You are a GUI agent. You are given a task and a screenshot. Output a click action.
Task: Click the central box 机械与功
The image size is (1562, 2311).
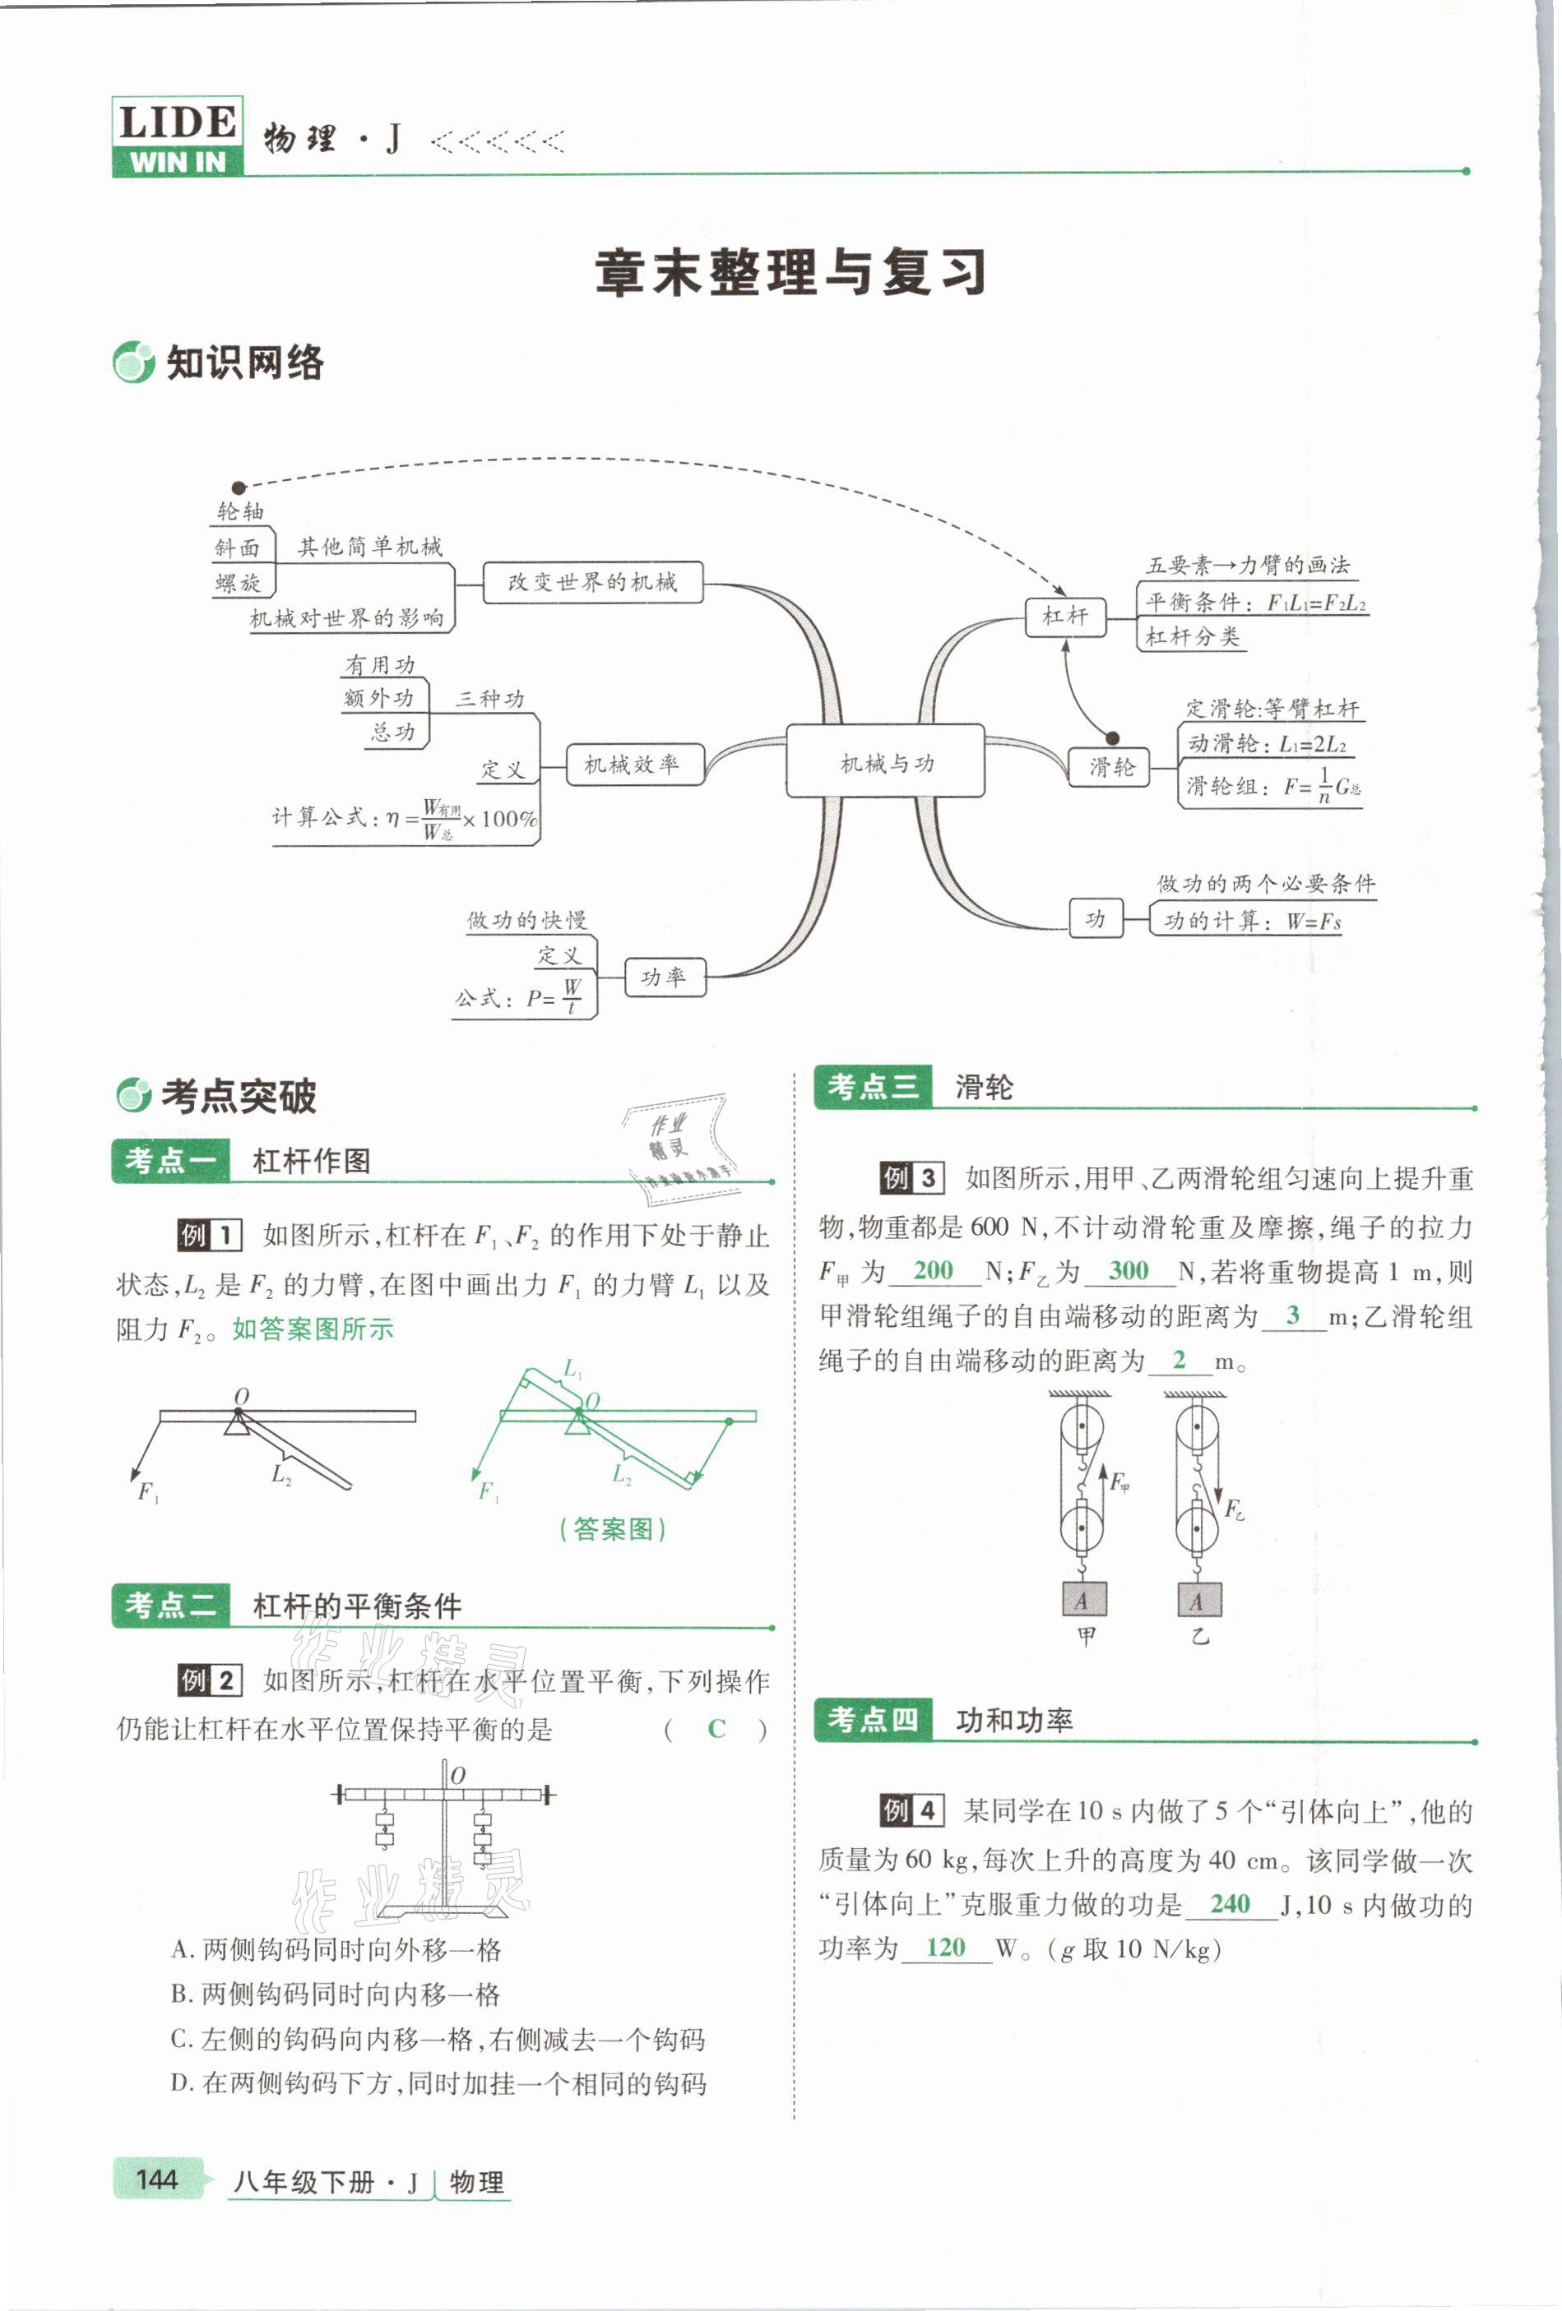(x=886, y=762)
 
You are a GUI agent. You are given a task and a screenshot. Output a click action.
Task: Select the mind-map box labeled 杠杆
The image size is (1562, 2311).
(x=1064, y=617)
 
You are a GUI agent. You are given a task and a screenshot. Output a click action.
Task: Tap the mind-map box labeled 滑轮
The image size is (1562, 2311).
(x=1110, y=767)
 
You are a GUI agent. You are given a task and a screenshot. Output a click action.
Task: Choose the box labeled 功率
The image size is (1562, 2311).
(x=665, y=977)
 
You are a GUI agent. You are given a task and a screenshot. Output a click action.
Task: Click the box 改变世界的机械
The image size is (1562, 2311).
(x=593, y=583)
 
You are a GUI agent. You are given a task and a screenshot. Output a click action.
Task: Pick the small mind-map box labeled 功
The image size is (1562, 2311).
(x=1096, y=919)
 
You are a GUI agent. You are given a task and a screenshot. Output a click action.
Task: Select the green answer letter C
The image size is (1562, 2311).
(x=716, y=1729)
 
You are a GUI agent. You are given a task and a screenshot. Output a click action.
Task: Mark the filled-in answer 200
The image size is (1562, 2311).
(x=934, y=1270)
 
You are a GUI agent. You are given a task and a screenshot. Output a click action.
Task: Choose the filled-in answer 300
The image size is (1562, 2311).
(x=1129, y=1270)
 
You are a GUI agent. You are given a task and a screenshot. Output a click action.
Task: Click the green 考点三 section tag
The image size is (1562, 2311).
(x=874, y=1087)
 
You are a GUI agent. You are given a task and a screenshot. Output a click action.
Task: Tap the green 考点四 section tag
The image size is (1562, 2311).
(x=874, y=1719)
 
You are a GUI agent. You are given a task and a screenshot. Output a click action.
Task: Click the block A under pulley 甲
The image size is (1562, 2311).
(x=1082, y=1601)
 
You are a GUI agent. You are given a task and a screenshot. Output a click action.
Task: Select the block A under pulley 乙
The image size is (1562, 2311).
(x=1197, y=1601)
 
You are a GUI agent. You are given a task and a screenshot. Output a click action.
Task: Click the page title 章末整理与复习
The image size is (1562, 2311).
(x=791, y=272)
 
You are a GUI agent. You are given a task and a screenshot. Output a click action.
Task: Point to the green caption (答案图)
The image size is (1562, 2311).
(x=613, y=1528)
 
